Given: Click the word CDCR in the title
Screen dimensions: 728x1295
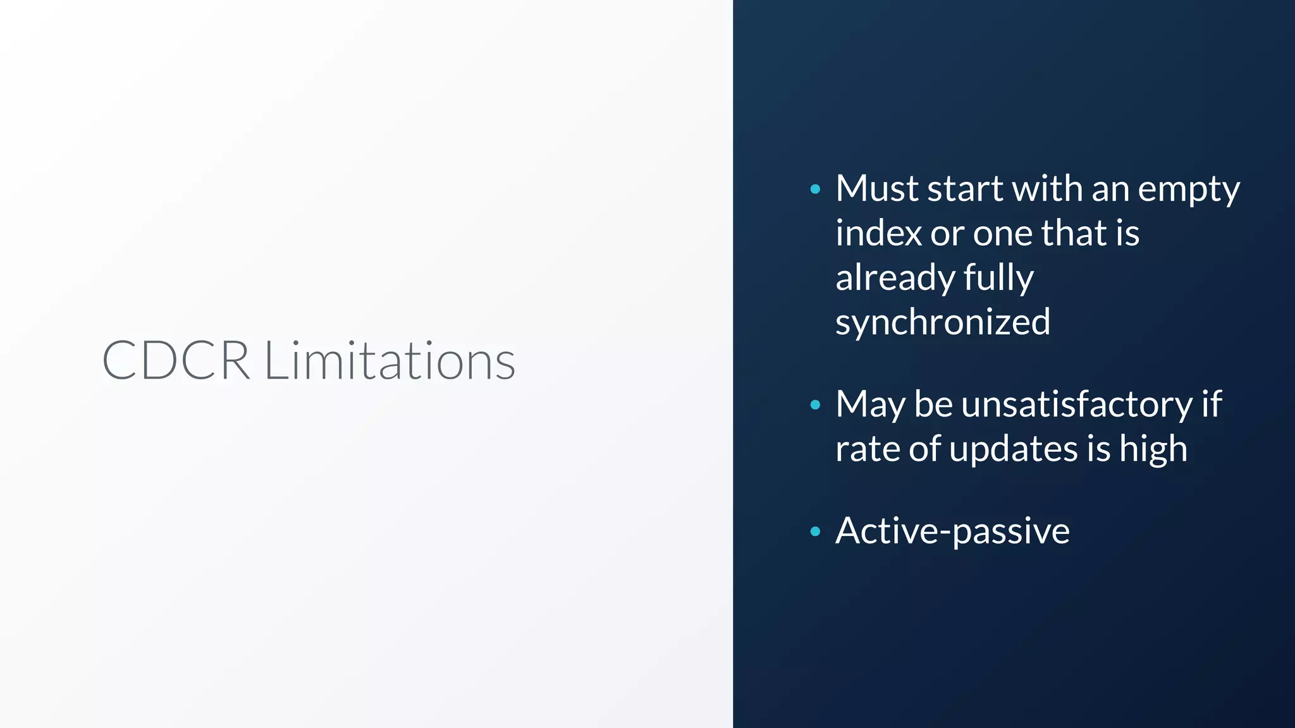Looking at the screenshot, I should coord(176,360).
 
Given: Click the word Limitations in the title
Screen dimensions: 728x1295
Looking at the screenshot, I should coord(390,360).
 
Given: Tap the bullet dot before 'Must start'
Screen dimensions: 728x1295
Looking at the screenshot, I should coord(815,189).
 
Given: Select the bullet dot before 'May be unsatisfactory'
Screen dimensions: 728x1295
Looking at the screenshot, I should coord(815,405).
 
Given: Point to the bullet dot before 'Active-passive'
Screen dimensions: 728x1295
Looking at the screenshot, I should coord(815,531).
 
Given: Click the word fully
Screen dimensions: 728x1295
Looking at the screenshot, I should coord(998,278).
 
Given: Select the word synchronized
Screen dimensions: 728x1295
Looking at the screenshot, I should coord(942,322).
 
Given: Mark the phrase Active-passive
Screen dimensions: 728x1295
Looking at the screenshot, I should coord(952,531).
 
